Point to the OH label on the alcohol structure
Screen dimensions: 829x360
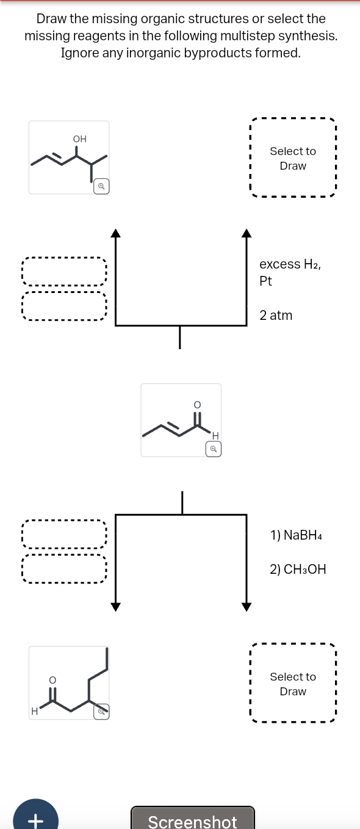pyautogui.click(x=79, y=139)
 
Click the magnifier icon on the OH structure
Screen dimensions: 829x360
pyautogui.click(x=102, y=186)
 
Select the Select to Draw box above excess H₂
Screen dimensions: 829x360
pyautogui.click(x=293, y=158)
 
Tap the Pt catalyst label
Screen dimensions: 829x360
pyautogui.click(x=266, y=281)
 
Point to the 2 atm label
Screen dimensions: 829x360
pyautogui.click(x=276, y=316)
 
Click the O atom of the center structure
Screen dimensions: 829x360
pyautogui.click(x=196, y=404)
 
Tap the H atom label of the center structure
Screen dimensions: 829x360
pyautogui.click(x=215, y=435)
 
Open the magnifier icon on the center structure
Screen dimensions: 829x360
pyautogui.click(x=213, y=449)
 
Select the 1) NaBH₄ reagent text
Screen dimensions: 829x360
pyautogui.click(x=295, y=535)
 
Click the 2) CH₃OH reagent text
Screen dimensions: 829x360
pyautogui.click(x=298, y=570)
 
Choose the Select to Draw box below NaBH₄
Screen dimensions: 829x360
pyautogui.click(x=293, y=684)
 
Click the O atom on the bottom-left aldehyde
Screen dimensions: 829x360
pyautogui.click(x=52, y=679)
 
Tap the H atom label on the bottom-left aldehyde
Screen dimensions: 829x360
pyautogui.click(x=35, y=711)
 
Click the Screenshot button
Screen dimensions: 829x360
pyautogui.click(x=192, y=820)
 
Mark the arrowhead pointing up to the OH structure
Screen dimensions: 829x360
pyautogui.click(x=115, y=232)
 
